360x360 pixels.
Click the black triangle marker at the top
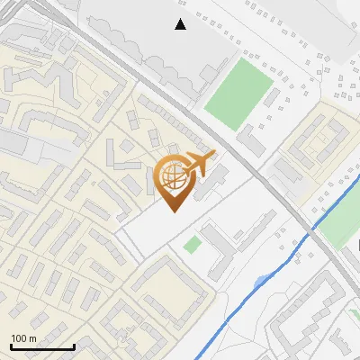(x=181, y=24)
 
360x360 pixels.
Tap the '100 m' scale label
(x=23, y=338)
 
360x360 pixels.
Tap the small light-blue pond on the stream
(x=260, y=283)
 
